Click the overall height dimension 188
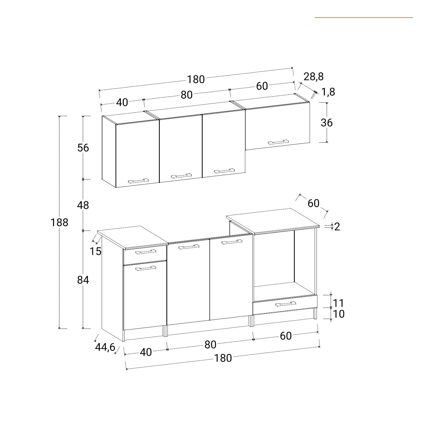59,222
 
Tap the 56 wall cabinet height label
83,148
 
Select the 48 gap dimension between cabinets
83,205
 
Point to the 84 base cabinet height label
83,280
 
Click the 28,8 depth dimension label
314,76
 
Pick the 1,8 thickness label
328,92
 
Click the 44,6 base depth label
105,347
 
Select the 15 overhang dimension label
96,251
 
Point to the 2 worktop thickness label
337,227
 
